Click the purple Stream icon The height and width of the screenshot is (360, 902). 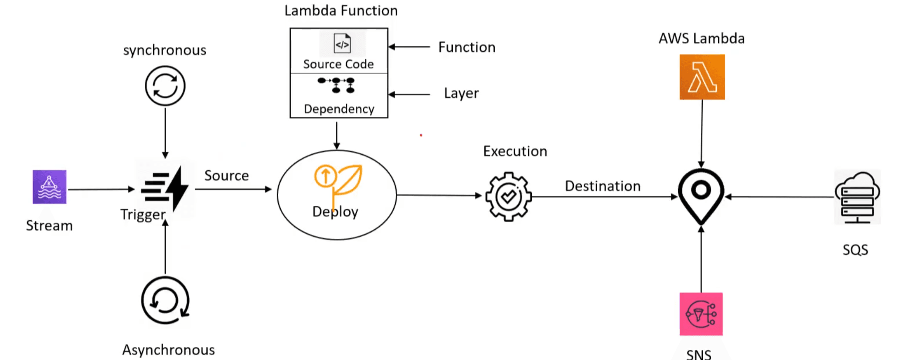pyautogui.click(x=49, y=187)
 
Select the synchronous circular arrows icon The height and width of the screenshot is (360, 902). pyautogui.click(x=165, y=85)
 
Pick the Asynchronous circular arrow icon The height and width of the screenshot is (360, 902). pyautogui.click(x=165, y=300)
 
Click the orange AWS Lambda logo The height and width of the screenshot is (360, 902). pyautogui.click(x=702, y=77)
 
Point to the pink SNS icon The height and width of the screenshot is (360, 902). pyautogui.click(x=701, y=314)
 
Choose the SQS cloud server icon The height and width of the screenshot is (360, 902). pyautogui.click(x=857, y=197)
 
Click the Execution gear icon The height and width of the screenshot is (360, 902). pyautogui.click(x=508, y=197)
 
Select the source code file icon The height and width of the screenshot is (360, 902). pyautogui.click(x=342, y=44)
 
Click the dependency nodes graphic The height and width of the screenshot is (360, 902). pyautogui.click(x=337, y=85)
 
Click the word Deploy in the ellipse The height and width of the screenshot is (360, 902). pyautogui.click(x=335, y=212)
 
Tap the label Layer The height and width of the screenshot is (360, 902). pyautogui.click(x=461, y=93)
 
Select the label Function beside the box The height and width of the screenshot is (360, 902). pyautogui.click(x=466, y=47)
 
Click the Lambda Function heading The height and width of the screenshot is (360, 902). pyautogui.click(x=341, y=10)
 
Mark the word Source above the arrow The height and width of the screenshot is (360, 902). pyautogui.click(x=227, y=176)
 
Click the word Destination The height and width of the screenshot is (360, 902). pyautogui.click(x=602, y=186)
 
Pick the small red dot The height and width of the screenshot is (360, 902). pyautogui.click(x=421, y=135)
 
